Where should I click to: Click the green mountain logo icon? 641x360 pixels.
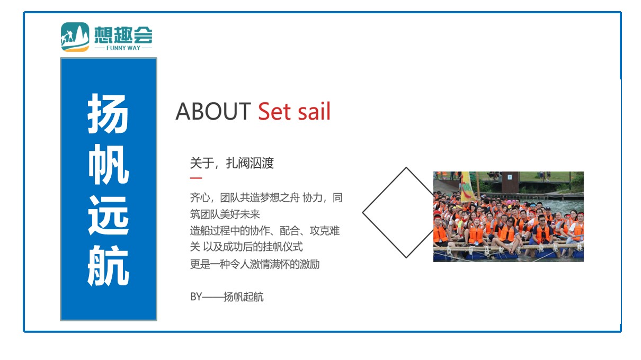[75, 37]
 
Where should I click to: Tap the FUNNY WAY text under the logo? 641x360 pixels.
[123, 48]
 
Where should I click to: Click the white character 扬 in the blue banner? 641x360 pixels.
[108, 113]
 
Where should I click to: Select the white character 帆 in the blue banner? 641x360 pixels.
[109, 165]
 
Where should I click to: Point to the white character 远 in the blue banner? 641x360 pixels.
[108, 215]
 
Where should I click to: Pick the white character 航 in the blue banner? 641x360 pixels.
[108, 266]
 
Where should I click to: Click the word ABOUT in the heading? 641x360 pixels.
[213, 111]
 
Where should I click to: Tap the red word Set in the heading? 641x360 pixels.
[274, 111]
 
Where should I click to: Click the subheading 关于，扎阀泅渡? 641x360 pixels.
[232, 163]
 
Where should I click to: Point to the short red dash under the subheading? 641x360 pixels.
[196, 178]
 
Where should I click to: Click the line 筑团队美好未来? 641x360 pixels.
[225, 214]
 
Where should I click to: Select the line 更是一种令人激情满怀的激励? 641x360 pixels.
[255, 264]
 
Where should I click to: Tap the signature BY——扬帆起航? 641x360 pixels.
[227, 297]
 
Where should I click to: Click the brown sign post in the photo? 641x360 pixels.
[510, 182]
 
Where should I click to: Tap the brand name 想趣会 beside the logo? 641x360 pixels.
[123, 34]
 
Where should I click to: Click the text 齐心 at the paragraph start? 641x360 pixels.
[200, 197]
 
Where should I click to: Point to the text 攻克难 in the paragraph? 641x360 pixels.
[325, 230]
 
